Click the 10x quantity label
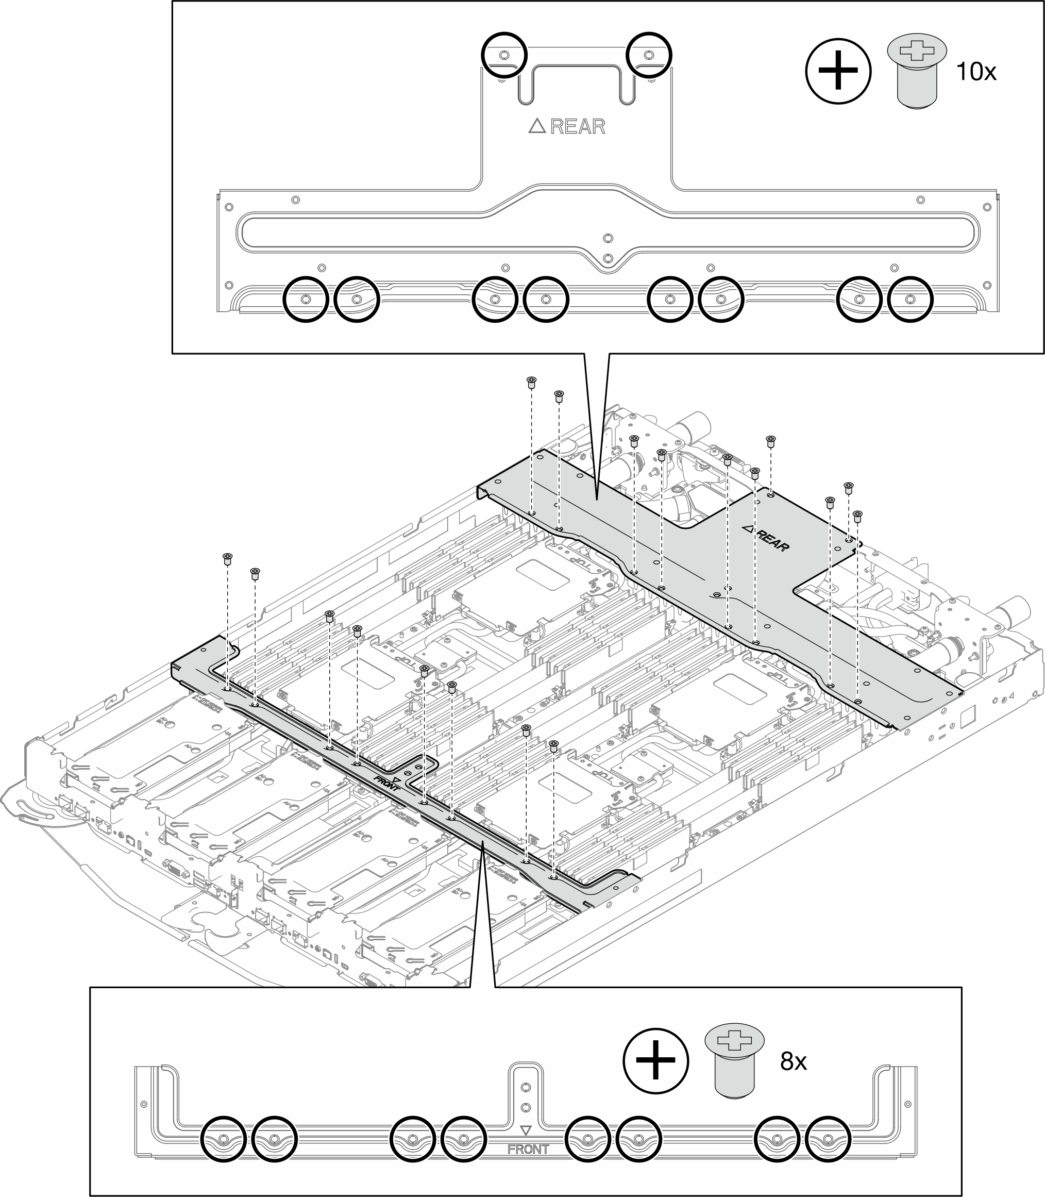click(976, 72)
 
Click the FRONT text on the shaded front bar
click(387, 782)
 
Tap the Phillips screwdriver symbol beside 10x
click(838, 71)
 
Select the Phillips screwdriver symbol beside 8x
click(655, 1060)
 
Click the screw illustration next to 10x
click(917, 71)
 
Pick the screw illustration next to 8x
click(734, 1060)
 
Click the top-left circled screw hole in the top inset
click(504, 55)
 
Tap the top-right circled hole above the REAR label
click(648, 55)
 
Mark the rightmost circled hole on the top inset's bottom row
click(909, 299)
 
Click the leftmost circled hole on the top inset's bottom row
click(305, 299)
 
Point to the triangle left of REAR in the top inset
click(536, 126)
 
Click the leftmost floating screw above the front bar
click(227, 559)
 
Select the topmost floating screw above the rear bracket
click(531, 382)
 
